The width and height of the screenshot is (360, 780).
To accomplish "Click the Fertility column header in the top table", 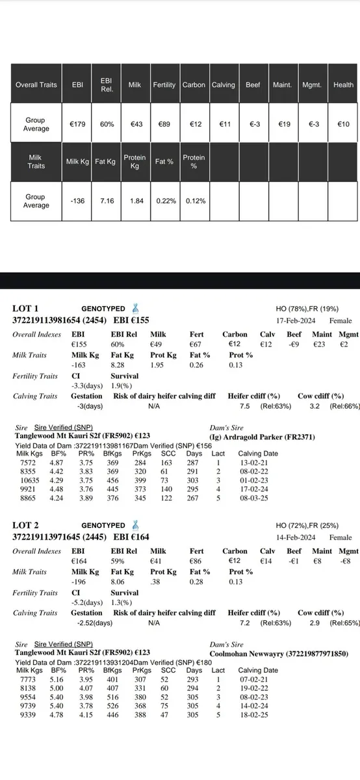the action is (x=165, y=84).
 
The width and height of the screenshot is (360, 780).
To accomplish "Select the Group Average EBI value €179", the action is (x=77, y=124).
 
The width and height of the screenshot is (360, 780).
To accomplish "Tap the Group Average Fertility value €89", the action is (x=165, y=124).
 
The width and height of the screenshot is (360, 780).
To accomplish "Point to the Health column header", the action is (x=343, y=84).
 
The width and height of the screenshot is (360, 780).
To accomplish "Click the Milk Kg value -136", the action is (x=77, y=201).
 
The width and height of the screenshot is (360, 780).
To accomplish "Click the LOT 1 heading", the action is (x=26, y=309).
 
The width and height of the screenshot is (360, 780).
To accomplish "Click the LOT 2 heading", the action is (x=26, y=525).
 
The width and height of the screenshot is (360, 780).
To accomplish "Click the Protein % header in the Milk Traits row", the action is (x=194, y=162).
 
